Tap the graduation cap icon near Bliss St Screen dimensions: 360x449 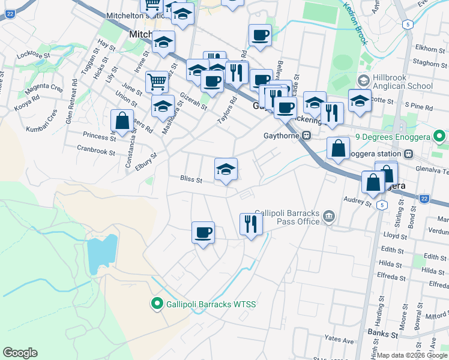(226, 170)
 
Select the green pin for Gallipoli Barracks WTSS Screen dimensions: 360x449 (157, 304)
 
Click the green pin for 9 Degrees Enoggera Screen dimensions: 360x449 (441, 137)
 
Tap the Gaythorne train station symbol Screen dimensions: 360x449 (306, 136)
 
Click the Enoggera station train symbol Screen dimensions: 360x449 (408, 154)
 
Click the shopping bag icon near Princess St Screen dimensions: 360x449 (122, 121)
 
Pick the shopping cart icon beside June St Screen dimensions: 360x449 (157, 81)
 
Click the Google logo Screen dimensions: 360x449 (20, 353)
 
